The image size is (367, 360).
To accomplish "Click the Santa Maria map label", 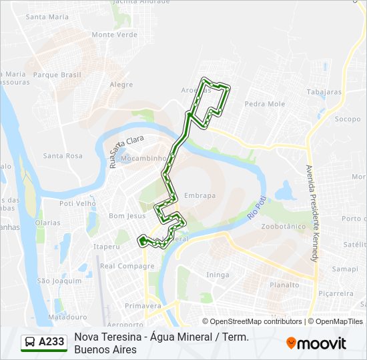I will point(47,17).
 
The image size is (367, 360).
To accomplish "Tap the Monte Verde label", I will point(114,35).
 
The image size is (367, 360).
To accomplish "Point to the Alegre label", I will point(121,85).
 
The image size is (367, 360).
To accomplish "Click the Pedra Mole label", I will point(265,104).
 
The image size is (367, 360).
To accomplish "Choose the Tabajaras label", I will point(324,92).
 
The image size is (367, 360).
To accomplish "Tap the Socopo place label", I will point(347,119).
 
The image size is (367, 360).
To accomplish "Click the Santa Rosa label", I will point(63,156).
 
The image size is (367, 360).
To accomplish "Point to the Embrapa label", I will point(200,195).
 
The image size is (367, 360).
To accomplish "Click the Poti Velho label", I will point(77,203).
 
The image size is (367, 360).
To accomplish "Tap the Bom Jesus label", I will point(127,216).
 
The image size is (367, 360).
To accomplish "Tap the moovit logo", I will point(316,343).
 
